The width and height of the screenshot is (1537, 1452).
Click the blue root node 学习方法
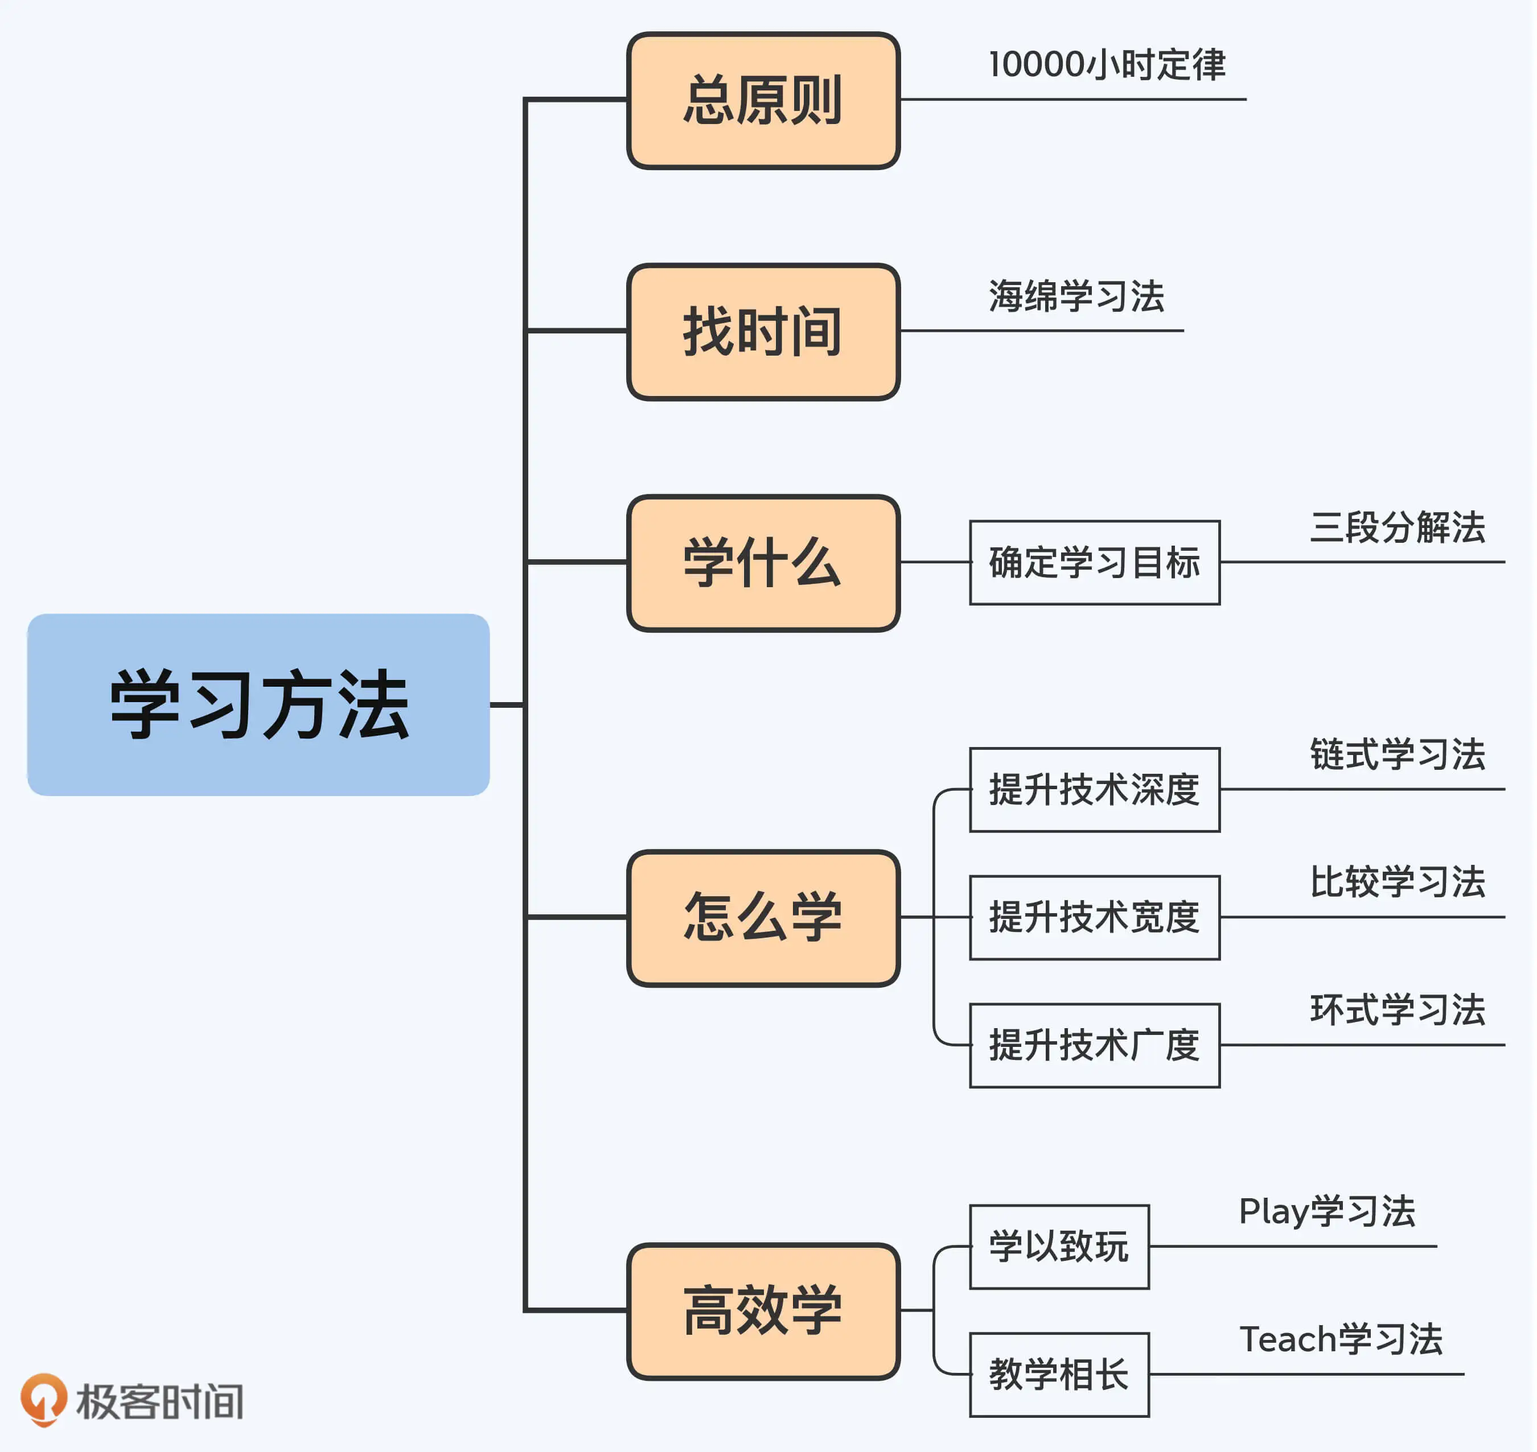[x=258, y=705]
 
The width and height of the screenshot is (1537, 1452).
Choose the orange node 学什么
[x=763, y=563]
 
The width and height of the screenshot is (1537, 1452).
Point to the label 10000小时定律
[x=1107, y=65]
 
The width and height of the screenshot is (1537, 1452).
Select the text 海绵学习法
[x=1076, y=296]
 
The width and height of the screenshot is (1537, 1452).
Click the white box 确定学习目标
[x=1095, y=563]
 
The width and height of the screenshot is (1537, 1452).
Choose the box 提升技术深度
[x=1095, y=790]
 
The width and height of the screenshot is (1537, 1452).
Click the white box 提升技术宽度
[x=1095, y=918]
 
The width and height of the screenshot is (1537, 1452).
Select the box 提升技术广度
[x=1095, y=1046]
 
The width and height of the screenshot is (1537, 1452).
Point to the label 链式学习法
[x=1398, y=754]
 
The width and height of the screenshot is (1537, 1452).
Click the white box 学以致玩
[x=1059, y=1247]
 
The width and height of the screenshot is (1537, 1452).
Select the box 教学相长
[x=1059, y=1375]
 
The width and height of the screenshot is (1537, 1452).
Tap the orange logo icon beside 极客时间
[x=43, y=1399]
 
